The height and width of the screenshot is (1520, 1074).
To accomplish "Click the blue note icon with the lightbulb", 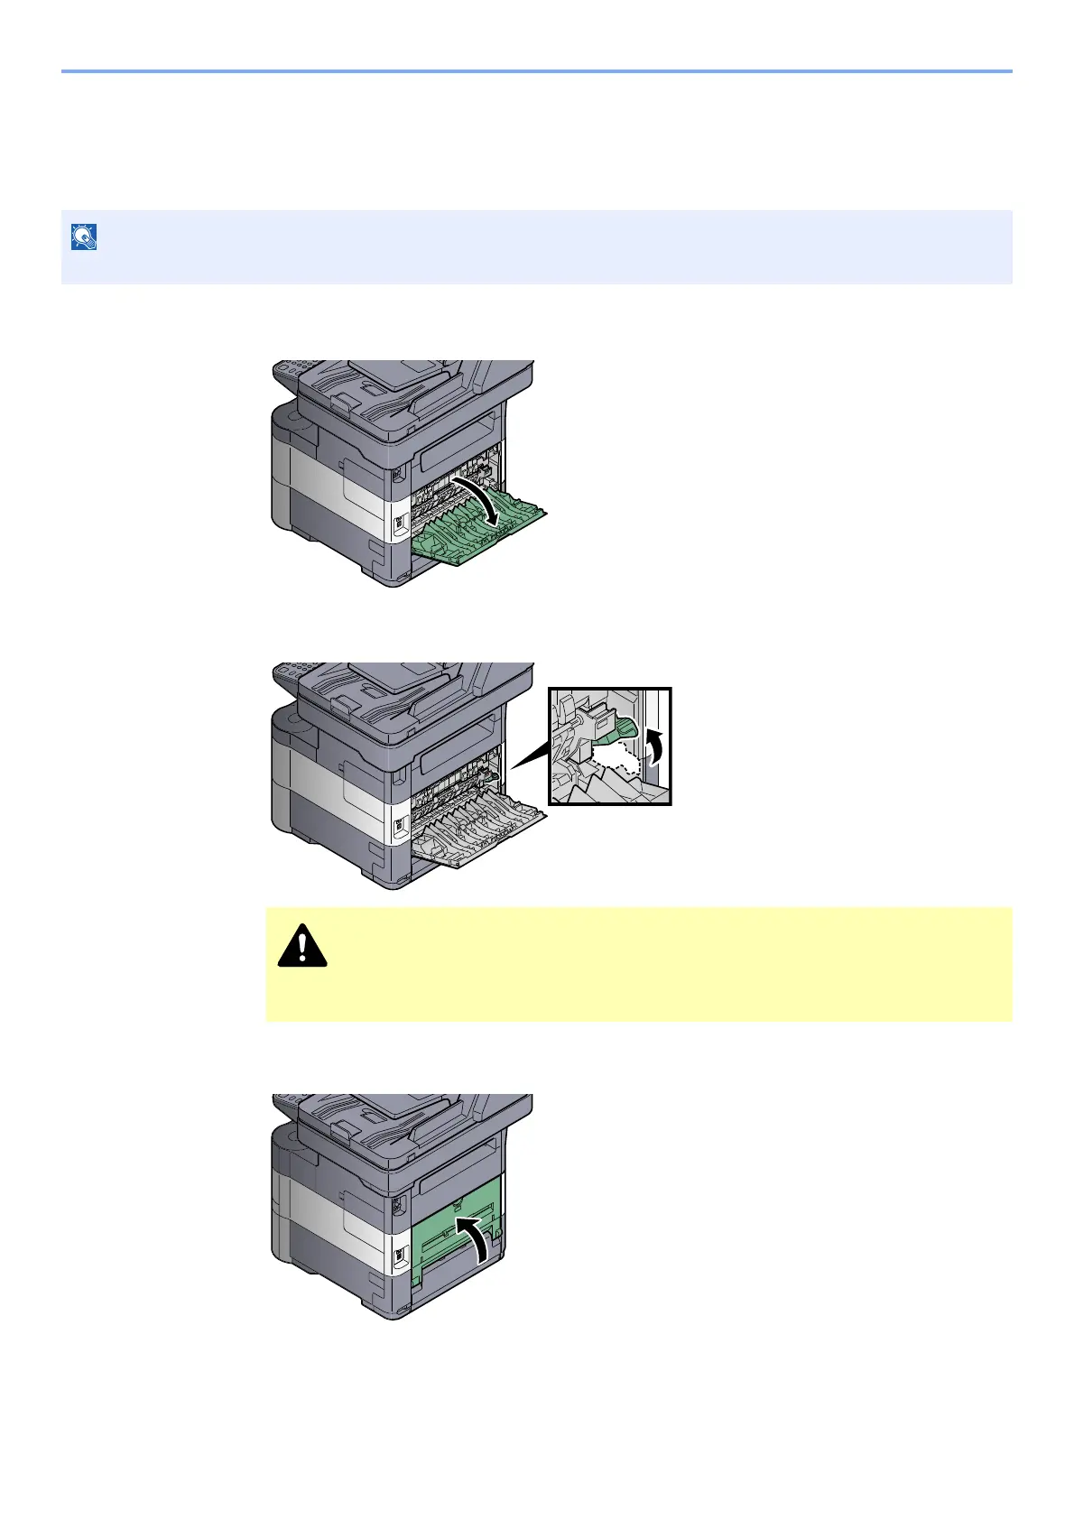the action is point(84,237).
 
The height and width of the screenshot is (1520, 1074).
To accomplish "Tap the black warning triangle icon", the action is point(302,946).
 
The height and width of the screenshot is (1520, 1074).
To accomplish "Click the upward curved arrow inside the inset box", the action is point(656,746).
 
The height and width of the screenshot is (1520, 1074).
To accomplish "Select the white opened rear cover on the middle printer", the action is point(478,835).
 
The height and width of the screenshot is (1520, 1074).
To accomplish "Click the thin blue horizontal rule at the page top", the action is point(537,70).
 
